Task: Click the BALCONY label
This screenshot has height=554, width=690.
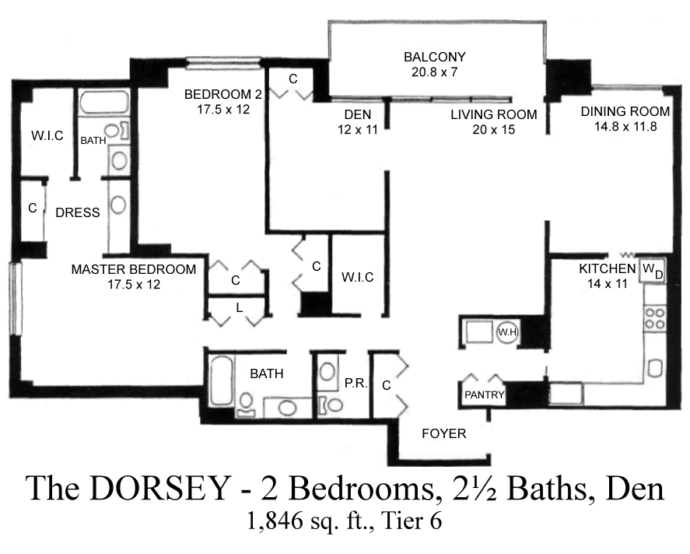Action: click(434, 57)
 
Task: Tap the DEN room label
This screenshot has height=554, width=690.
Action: click(357, 114)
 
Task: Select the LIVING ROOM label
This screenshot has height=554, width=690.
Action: click(494, 114)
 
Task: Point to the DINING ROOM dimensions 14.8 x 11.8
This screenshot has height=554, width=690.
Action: click(625, 127)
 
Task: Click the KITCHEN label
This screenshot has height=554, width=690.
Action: click(608, 268)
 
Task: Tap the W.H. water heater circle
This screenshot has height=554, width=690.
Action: click(507, 332)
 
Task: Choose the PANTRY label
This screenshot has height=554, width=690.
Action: click(484, 394)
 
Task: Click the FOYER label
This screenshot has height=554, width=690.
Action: click(443, 433)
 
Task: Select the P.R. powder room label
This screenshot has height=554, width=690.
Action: click(356, 384)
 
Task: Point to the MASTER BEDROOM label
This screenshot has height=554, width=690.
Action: click(133, 269)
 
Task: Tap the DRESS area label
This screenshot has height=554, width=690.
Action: click(78, 212)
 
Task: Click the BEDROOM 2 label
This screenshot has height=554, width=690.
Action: click(223, 94)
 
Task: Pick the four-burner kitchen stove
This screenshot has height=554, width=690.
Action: click(654, 319)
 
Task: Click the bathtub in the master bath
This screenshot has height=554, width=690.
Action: click(104, 103)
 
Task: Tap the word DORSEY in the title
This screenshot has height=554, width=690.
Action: click(160, 488)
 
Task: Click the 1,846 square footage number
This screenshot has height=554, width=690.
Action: click(275, 521)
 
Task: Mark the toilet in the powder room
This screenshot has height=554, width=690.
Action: click(331, 404)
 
